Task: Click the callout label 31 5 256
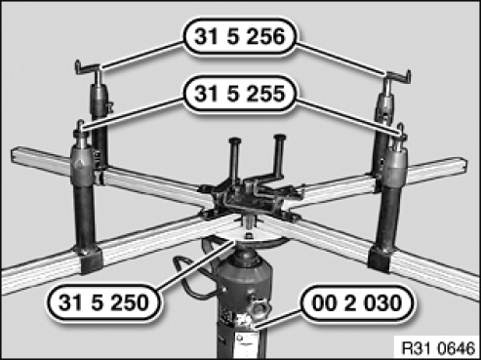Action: coord(240,36)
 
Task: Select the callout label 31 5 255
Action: coord(240,94)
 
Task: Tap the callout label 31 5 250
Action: coord(103,302)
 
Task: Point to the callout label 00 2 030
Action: coord(357,303)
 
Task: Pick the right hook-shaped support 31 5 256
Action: coord(397,77)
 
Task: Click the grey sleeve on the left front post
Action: coord(82,165)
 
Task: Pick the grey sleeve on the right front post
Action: coord(395,169)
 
